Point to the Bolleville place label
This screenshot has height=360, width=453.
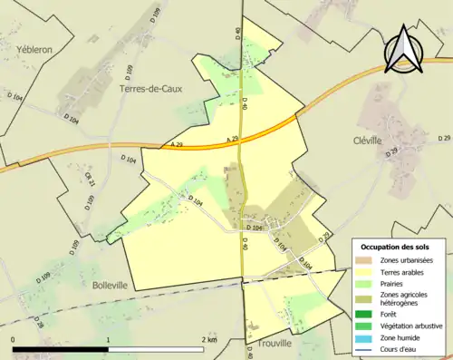(110, 284)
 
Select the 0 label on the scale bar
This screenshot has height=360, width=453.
(14, 340)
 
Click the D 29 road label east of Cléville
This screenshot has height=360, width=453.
(444, 138)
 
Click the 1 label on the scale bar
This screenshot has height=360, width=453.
(109, 340)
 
